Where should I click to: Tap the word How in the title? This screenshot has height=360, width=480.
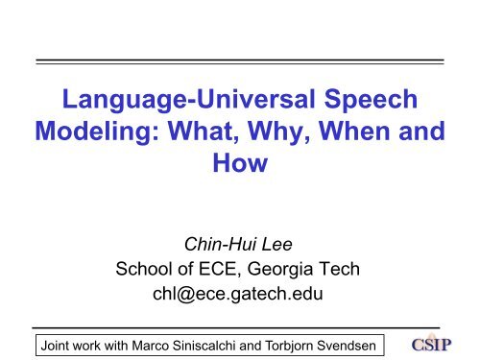(x=238, y=174)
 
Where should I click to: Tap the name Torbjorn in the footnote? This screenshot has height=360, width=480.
(x=285, y=342)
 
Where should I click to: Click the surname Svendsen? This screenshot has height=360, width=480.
(x=349, y=342)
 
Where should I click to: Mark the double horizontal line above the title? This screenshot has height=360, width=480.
(x=239, y=60)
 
